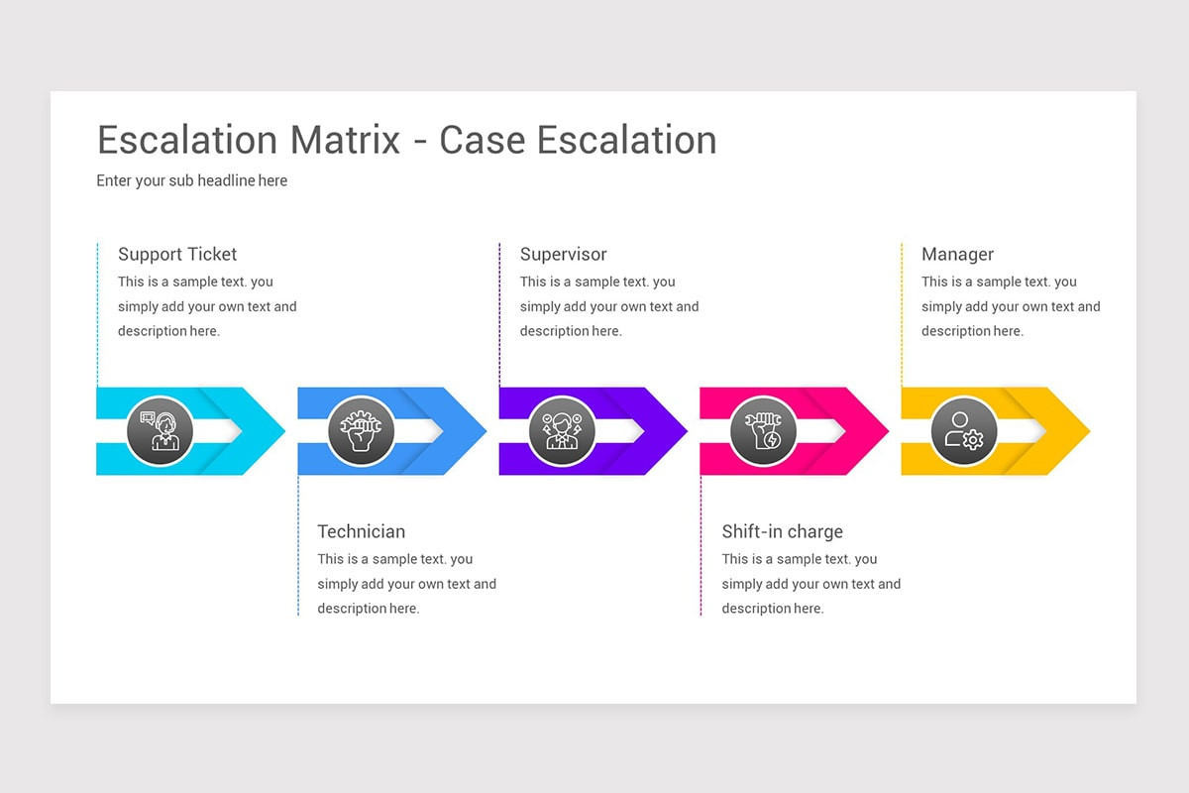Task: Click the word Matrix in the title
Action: [345, 140]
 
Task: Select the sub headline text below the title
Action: [191, 180]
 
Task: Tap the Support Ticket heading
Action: [177, 255]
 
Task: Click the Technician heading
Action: [361, 532]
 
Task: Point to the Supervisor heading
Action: [563, 255]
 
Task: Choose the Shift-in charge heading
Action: [782, 532]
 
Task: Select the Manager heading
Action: [957, 255]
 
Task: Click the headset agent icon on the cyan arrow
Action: [160, 431]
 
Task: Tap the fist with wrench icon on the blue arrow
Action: [361, 431]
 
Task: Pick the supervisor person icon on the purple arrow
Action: [562, 431]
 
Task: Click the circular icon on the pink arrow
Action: [763, 431]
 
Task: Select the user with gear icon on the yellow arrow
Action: [964, 431]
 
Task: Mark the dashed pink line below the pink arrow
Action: [701, 545]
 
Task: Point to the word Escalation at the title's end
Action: [627, 140]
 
